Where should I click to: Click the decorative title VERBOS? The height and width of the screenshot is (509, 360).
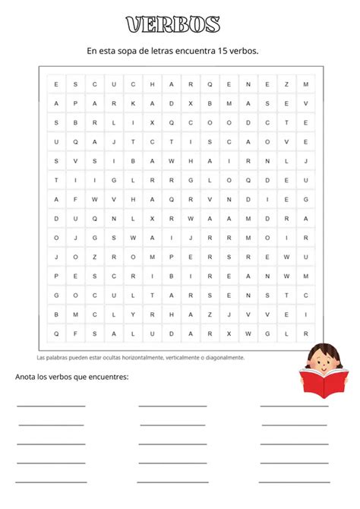173,25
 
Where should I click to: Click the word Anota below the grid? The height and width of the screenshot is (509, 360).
27,377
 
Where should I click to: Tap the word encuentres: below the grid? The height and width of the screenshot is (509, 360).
106,377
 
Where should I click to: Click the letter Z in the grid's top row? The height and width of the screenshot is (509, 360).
287,84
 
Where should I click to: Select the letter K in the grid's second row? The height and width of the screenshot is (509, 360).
133,103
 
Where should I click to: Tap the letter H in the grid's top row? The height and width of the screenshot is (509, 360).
152,84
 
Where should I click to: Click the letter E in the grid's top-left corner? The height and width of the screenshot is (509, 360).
55,84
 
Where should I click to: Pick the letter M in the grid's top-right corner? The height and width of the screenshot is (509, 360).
305,84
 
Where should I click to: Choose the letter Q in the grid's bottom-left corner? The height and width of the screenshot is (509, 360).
55,333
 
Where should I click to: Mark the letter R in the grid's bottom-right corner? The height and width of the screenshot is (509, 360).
305,333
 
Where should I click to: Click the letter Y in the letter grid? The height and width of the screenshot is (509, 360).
133,314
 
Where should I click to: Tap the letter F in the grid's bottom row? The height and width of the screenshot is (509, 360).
75,333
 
